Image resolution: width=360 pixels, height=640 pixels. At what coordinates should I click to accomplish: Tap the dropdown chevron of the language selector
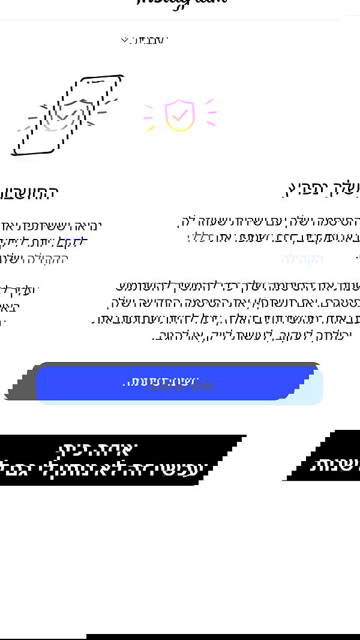click(125, 40)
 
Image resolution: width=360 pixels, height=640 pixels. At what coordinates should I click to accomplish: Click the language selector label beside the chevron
click(151, 40)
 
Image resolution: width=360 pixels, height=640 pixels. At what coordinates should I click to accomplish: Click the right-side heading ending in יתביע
click(322, 189)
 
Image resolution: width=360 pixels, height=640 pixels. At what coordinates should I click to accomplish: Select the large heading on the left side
click(29, 193)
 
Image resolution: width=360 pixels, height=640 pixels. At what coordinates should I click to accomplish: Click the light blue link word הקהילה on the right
click(302, 259)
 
